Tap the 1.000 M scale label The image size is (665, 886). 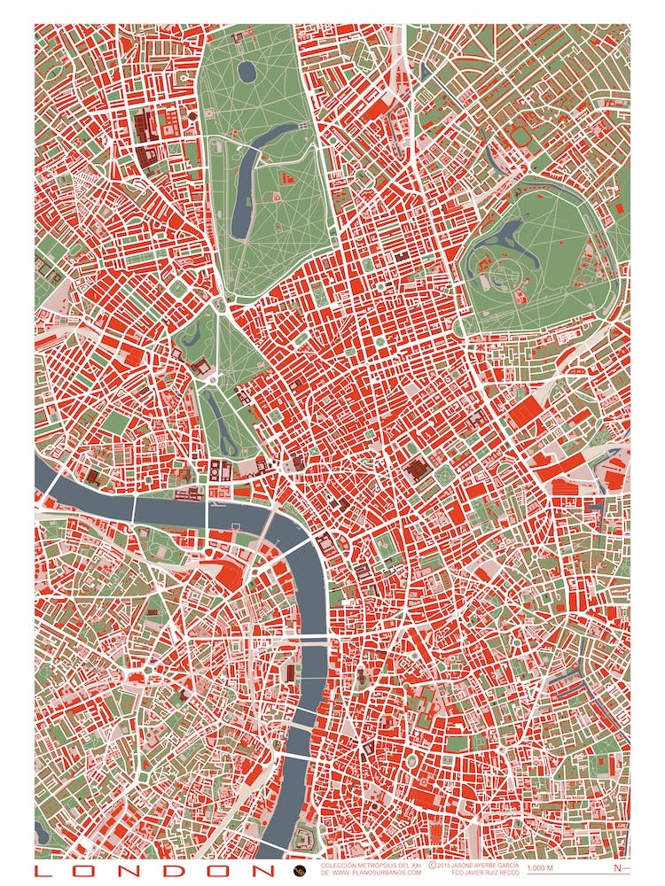pyautogui.click(x=539, y=868)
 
